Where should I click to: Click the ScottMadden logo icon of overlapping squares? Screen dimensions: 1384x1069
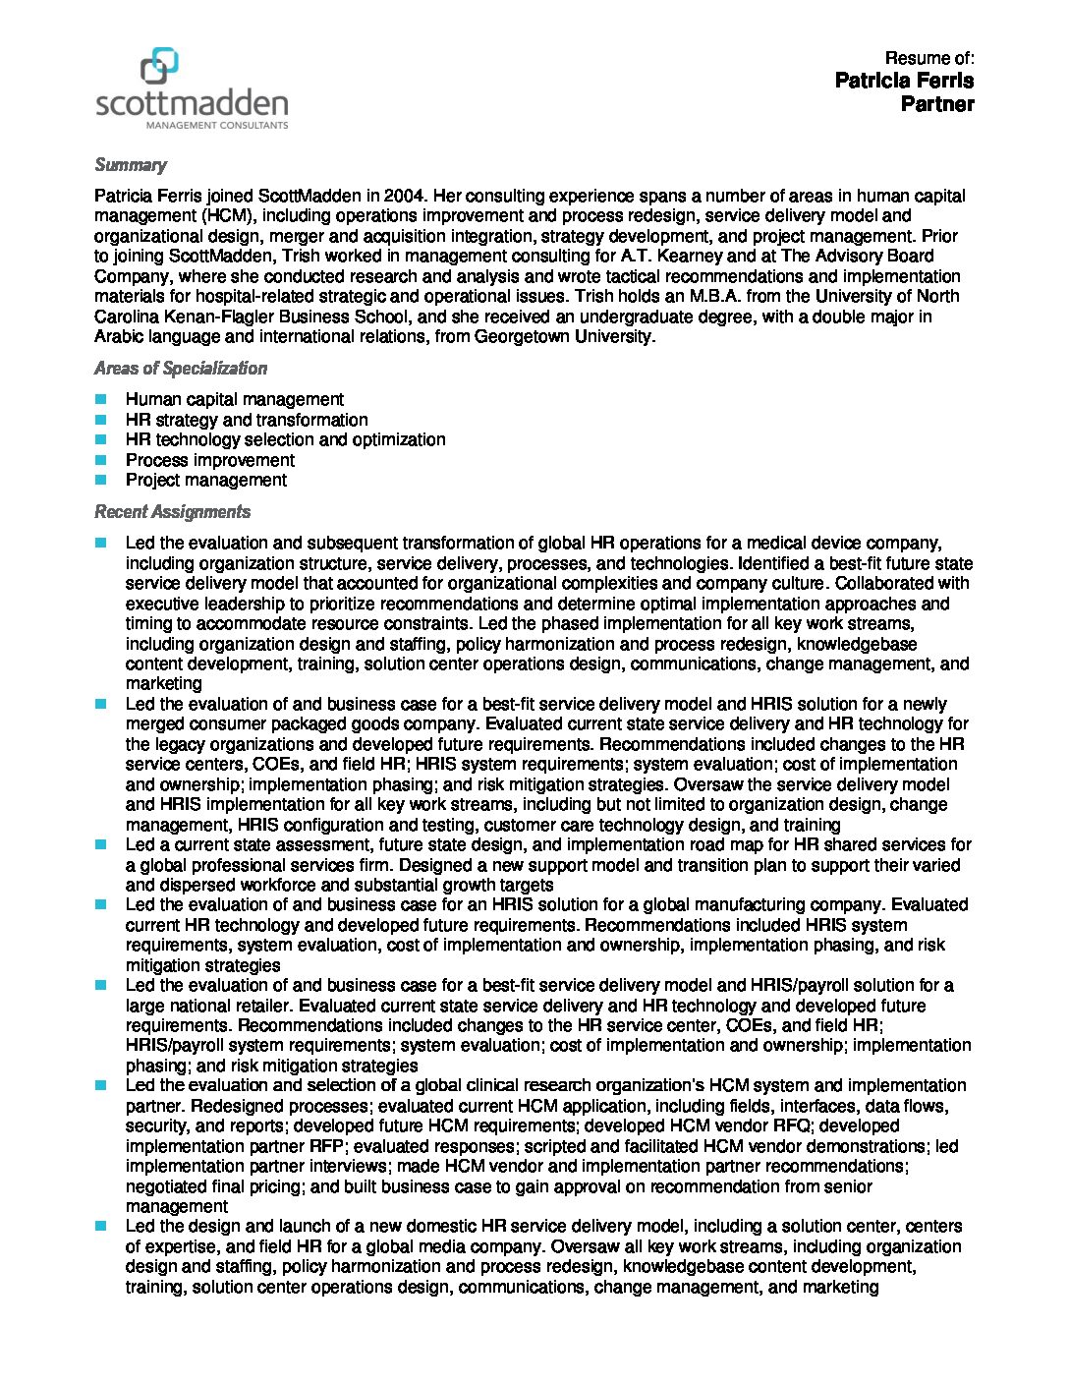point(159,66)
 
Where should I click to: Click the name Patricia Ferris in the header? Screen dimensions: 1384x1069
point(904,80)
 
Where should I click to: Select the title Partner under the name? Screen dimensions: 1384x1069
point(937,104)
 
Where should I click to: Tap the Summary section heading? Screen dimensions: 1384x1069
point(131,165)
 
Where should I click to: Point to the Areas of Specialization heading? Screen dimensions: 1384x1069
point(181,369)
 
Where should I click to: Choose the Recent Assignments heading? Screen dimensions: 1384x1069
point(172,512)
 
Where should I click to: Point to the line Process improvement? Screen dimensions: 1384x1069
point(210,460)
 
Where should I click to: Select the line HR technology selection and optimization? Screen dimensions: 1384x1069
point(285,439)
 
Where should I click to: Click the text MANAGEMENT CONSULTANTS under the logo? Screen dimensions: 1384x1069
point(217,126)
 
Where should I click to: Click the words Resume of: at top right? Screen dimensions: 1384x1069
point(929,58)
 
